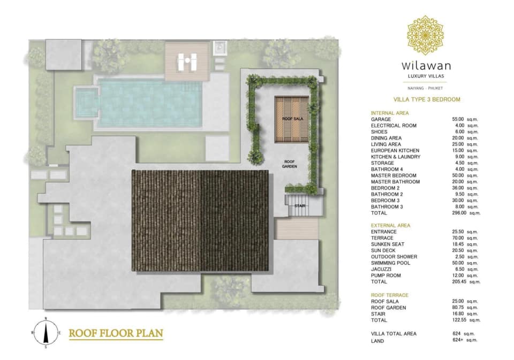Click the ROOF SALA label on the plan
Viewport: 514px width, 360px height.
tap(292, 119)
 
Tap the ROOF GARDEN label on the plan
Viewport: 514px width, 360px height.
tap(290, 164)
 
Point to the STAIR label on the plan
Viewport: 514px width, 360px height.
tap(300, 206)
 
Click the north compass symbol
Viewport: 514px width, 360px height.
tap(46, 333)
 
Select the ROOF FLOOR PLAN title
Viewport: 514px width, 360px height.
tap(116, 333)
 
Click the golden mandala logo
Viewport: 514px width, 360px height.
tap(425, 35)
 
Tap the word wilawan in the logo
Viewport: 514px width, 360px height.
tap(426, 66)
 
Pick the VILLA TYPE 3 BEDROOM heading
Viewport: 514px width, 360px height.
tap(427, 99)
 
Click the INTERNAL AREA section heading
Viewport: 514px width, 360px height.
tap(390, 113)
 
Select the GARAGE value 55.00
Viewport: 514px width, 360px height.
tap(458, 119)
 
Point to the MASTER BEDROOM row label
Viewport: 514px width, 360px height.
tap(394, 175)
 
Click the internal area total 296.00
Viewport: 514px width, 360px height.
tap(459, 213)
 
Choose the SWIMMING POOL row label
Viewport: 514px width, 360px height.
tap(390, 263)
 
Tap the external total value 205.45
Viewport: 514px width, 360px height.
tap(459, 282)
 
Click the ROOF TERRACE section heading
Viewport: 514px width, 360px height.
tap(389, 295)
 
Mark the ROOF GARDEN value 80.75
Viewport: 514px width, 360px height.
tap(458, 308)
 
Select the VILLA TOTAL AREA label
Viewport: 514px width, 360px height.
tap(394, 334)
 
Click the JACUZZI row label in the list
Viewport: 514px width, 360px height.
tap(381, 269)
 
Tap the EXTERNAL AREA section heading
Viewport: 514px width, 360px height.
tap(390, 225)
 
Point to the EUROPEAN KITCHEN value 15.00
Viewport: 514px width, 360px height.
tap(458, 151)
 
